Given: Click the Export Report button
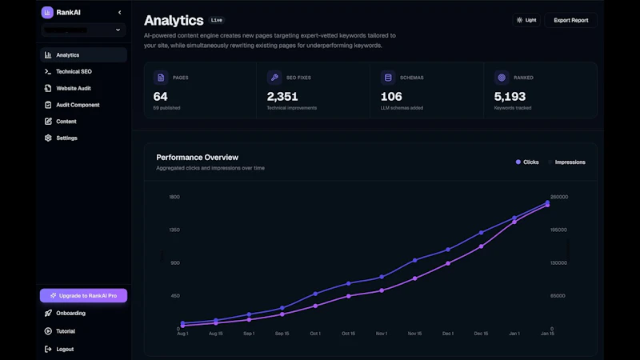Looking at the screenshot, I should point(570,20).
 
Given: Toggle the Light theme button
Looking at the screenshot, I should point(526,20).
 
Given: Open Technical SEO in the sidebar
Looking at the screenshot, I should point(74,72).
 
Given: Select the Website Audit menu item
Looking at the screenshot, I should point(73,88).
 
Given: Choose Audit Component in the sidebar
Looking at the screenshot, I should point(78,105).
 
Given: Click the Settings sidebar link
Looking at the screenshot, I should point(66,138).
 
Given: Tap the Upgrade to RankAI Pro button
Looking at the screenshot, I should point(83,296).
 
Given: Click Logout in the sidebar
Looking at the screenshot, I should point(65,349).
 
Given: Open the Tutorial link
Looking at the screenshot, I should point(66,331).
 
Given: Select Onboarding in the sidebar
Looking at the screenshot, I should point(70,313).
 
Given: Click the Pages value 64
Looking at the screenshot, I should point(160,97).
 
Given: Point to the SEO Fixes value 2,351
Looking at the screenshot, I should point(282,97).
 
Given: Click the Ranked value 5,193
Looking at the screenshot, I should point(510,97).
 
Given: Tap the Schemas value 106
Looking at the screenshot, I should point(391,97).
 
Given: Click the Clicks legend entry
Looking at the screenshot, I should point(527,162).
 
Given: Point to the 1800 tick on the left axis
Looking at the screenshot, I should point(174,197).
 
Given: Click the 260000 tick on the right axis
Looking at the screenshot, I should point(559,197).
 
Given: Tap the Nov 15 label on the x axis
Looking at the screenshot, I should point(414,334).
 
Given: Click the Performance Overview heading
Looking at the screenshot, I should point(197,158).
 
